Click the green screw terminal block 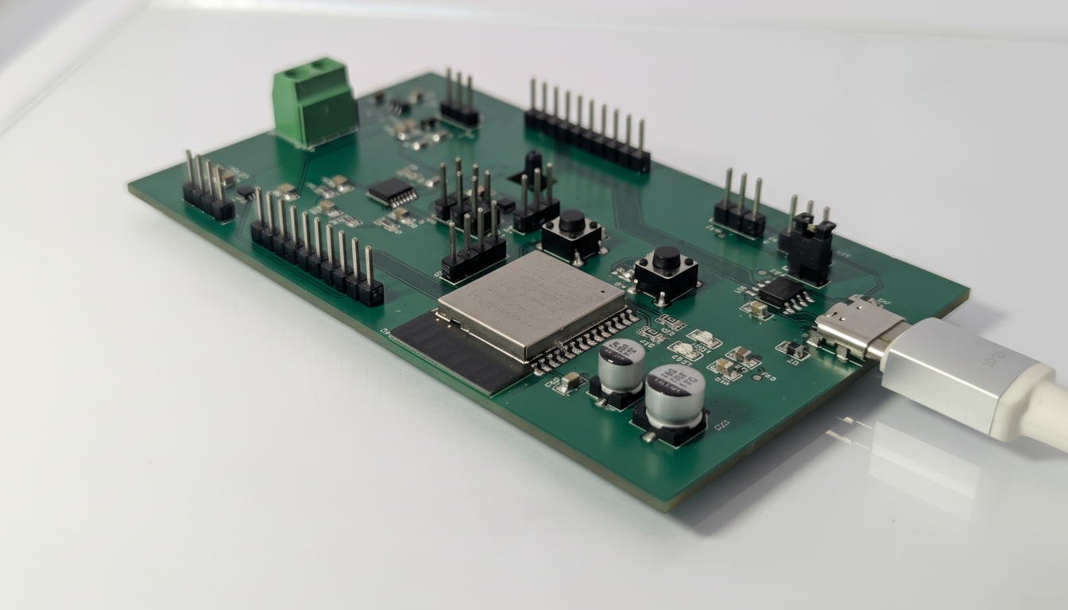315,104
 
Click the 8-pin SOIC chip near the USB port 781,291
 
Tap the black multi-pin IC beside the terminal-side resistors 391,191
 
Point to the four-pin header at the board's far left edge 208,191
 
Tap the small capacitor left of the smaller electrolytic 569,383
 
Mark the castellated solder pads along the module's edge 585,342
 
